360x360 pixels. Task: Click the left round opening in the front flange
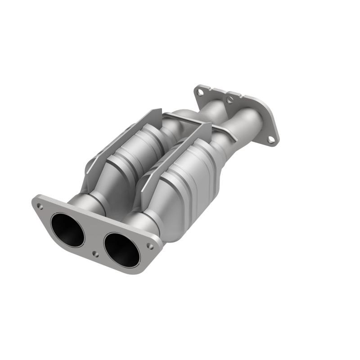point(67,230)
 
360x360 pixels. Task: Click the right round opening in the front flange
point(122,250)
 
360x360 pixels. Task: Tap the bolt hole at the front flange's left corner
point(40,207)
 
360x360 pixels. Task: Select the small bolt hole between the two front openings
point(95,254)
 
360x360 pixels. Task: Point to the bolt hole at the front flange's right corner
point(151,247)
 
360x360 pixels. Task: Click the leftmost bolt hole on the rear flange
point(199,92)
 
